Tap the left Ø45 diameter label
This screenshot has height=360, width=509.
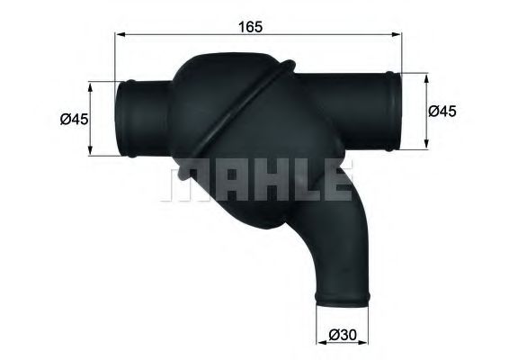click(73, 118)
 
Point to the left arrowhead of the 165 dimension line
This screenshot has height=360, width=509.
click(121, 36)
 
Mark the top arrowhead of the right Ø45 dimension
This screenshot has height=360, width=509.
click(425, 73)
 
